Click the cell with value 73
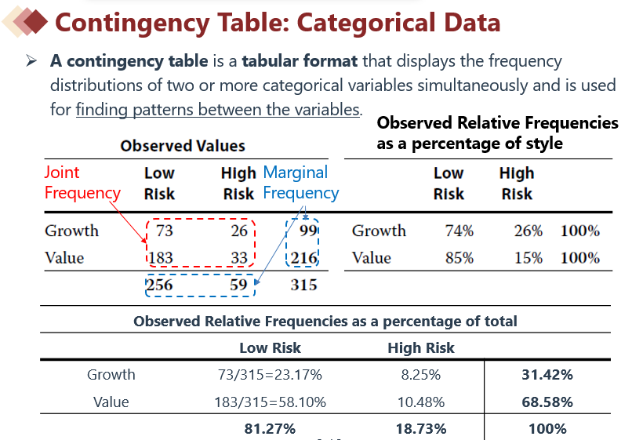click(x=165, y=231)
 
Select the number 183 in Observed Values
click(x=162, y=257)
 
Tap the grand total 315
click(x=303, y=285)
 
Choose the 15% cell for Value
click(x=528, y=257)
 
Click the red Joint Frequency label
click(x=82, y=183)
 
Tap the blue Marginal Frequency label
click(x=300, y=183)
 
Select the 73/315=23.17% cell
click(x=270, y=375)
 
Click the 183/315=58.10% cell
click(x=270, y=402)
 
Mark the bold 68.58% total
click(x=547, y=402)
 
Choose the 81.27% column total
click(x=270, y=429)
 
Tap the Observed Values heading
click(x=183, y=146)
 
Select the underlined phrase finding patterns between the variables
click(x=218, y=110)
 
